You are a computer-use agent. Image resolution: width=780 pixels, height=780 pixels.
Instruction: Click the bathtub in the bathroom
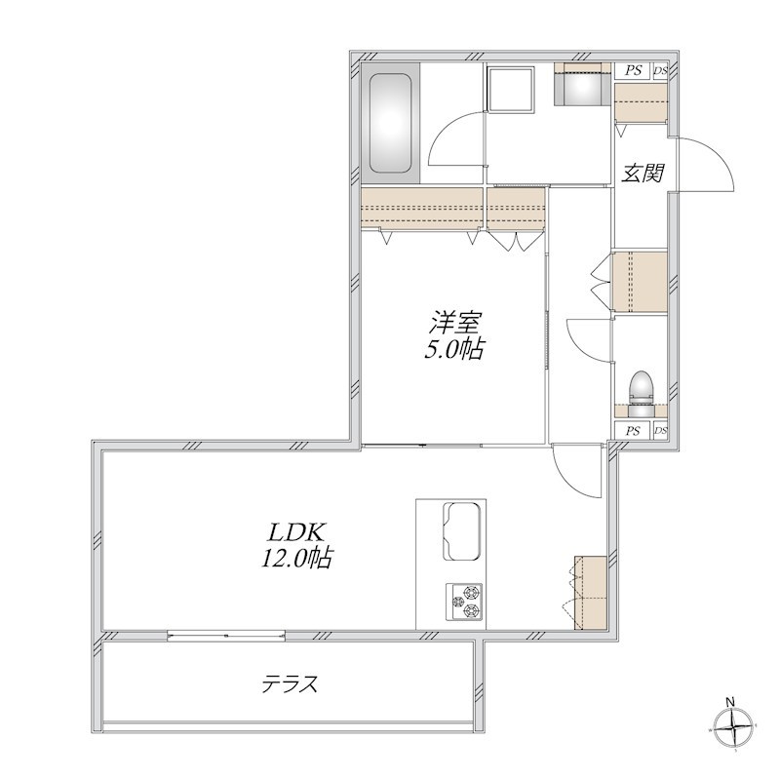coord(391,124)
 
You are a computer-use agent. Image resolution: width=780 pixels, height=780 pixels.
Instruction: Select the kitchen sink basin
coord(461,531)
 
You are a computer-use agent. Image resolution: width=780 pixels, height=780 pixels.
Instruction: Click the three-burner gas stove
coord(464,601)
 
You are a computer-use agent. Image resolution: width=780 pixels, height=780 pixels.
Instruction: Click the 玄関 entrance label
coord(643,173)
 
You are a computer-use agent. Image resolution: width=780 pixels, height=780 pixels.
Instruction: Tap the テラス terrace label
coord(290,684)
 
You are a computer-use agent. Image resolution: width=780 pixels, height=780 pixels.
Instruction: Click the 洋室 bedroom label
coord(454,323)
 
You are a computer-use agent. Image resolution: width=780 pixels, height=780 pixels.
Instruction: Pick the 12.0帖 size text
coord(296,558)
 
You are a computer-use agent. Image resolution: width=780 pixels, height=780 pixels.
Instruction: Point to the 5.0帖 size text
coord(453,349)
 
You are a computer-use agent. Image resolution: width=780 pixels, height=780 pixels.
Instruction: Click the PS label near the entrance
coord(633,70)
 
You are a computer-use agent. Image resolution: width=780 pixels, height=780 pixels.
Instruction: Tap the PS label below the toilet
coord(633,431)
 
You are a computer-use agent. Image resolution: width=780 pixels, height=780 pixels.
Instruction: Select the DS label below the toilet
coord(660,431)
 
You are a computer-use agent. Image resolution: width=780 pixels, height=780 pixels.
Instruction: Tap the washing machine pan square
coord(511,90)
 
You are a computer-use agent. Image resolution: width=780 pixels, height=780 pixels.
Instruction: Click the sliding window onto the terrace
coord(226,636)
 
